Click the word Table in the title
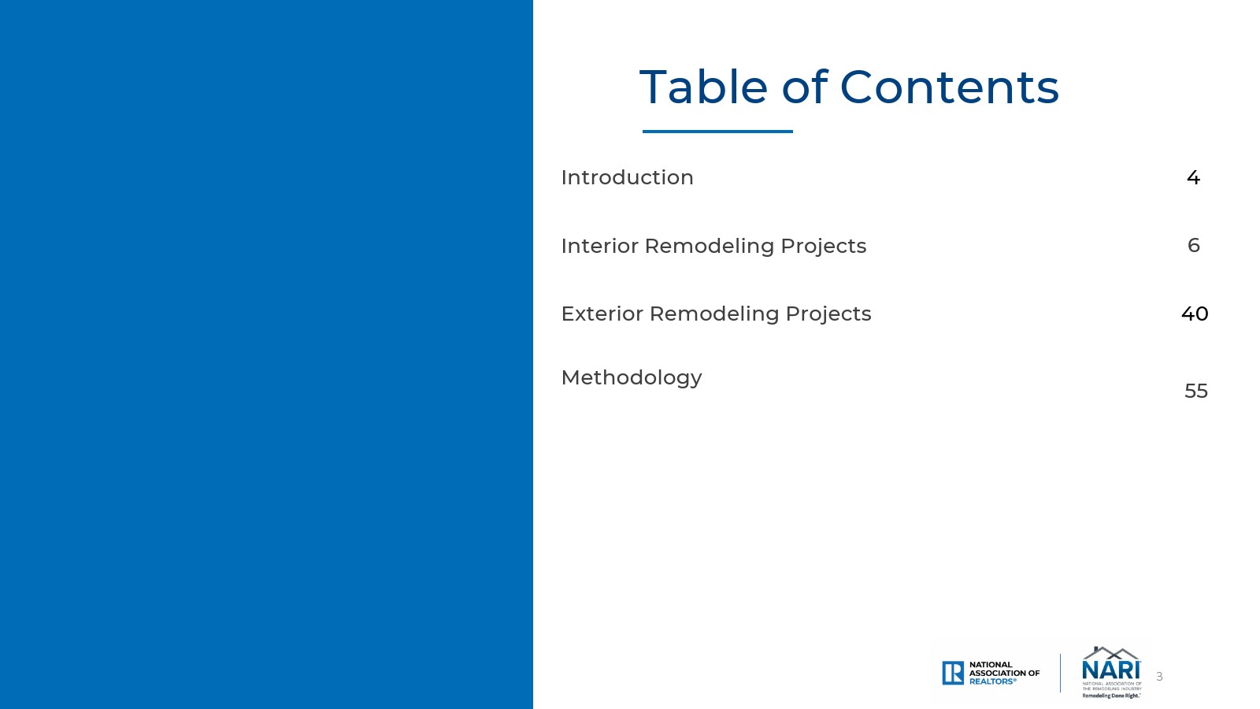[x=703, y=87]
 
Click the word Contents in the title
[x=950, y=87]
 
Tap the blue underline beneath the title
[x=717, y=132]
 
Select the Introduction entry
[x=627, y=177]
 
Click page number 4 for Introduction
[x=1193, y=178]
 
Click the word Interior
[x=599, y=246]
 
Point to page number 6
[x=1194, y=245]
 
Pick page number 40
[x=1194, y=314]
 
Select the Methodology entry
[x=632, y=378]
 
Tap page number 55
[x=1196, y=391]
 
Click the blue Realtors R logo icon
[x=953, y=673]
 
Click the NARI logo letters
[x=1111, y=670]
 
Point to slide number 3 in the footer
[x=1159, y=677]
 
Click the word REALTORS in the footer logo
[x=991, y=681]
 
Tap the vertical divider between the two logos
[x=1060, y=673]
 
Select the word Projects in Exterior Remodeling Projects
[x=828, y=314]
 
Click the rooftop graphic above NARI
[x=1111, y=653]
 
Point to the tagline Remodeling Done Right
[x=1111, y=696]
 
